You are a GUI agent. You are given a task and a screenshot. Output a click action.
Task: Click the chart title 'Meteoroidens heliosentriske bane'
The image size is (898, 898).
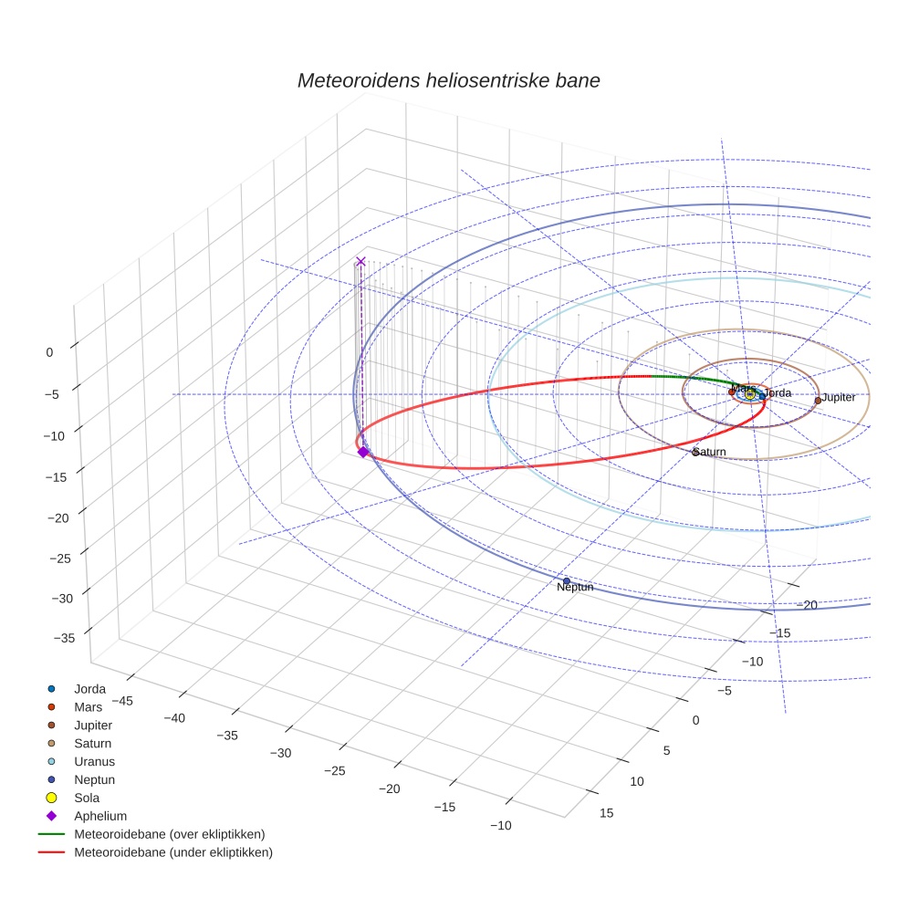point(448,80)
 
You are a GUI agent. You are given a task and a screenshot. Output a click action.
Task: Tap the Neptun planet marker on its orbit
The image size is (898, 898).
point(567,580)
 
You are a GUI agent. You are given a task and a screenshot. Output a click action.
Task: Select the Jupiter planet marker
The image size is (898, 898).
point(818,400)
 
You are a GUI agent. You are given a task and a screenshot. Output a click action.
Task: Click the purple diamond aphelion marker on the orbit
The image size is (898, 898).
point(362,452)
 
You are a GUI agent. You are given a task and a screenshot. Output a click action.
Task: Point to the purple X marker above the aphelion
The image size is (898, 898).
point(360,261)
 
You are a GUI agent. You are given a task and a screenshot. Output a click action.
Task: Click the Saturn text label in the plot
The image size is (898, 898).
point(710,452)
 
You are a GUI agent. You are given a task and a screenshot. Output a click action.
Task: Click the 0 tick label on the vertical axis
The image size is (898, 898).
point(49,351)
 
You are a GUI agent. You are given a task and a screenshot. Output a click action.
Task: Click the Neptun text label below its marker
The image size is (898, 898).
point(575,588)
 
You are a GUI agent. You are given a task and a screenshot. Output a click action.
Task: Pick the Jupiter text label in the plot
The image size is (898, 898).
point(839,398)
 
